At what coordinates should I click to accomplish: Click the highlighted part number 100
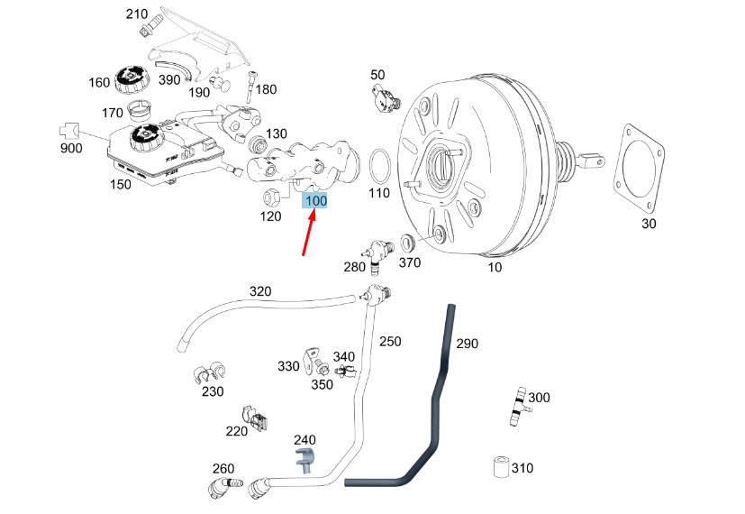click(316, 200)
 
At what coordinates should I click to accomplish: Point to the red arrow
click(309, 234)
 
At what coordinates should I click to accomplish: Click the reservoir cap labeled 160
click(129, 78)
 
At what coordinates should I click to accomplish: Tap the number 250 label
click(390, 342)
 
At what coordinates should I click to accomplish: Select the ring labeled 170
click(141, 113)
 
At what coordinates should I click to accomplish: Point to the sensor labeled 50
click(385, 96)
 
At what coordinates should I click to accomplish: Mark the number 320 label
click(259, 291)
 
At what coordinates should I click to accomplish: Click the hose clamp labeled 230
click(207, 372)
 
